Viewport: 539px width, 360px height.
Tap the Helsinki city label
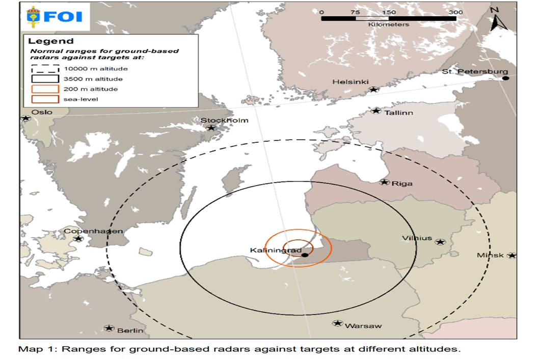click(x=348, y=82)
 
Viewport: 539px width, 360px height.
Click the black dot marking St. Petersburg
click(x=505, y=78)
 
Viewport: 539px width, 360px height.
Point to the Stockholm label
click(x=224, y=120)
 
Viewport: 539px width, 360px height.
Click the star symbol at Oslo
click(x=25, y=118)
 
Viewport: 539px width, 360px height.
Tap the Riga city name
click(x=403, y=184)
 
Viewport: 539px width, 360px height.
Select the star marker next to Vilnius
click(x=441, y=242)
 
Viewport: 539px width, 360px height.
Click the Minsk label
click(x=490, y=255)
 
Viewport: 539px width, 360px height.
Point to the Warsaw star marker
click(x=337, y=323)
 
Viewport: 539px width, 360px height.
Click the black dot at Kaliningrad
click(x=304, y=254)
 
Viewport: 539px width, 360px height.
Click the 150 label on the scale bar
click(x=389, y=12)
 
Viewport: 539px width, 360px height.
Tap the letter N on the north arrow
click(x=494, y=9)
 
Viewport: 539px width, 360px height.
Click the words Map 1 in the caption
click(x=32, y=349)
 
